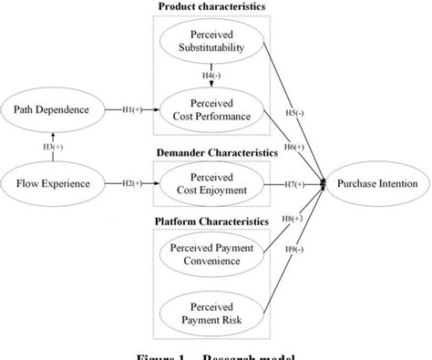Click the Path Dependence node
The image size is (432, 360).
[51, 111]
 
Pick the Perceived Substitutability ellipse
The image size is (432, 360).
[211, 40]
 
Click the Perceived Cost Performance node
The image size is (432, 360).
[211, 111]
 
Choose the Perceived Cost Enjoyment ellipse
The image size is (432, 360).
[211, 183]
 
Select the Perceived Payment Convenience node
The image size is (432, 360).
[211, 254]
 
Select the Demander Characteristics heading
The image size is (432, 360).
[211, 153]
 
